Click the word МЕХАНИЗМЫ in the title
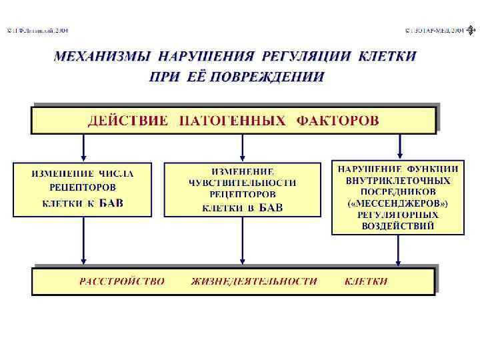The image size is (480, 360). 101,56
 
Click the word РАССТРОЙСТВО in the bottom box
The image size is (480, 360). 122,281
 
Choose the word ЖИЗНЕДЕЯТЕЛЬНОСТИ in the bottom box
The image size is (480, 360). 254,281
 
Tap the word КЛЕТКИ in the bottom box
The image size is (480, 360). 366,281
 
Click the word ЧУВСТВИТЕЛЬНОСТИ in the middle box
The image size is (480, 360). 243,183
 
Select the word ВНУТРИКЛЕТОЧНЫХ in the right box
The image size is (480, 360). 398,181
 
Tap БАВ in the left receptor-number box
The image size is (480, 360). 111,203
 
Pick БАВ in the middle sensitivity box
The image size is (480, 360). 271,207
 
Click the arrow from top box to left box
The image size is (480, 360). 83,147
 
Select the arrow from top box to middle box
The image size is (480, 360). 242,147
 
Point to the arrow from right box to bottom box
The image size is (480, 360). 398,251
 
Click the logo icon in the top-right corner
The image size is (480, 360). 473,30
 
